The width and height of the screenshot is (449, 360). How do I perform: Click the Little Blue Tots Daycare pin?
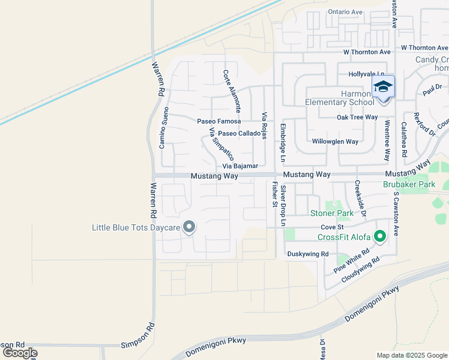[x=189, y=227]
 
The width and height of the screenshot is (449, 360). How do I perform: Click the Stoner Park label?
[x=332, y=213]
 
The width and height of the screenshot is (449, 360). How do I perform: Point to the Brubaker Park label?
[x=409, y=184]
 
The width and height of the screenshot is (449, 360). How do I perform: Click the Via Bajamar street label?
[x=240, y=166]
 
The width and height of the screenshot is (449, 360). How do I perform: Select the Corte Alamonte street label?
[x=232, y=91]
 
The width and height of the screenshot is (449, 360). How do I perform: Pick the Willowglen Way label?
[x=335, y=142]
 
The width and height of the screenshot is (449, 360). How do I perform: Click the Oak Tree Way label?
[x=357, y=117]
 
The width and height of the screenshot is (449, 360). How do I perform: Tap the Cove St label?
[x=331, y=227]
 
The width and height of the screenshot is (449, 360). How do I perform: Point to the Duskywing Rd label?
[x=308, y=254]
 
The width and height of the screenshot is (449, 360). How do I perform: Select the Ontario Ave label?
[x=345, y=12]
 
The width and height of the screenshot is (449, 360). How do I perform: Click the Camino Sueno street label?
[x=163, y=128]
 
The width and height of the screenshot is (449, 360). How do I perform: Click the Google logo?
[x=20, y=353]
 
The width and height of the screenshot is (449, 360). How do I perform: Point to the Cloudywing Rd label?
[x=361, y=271]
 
